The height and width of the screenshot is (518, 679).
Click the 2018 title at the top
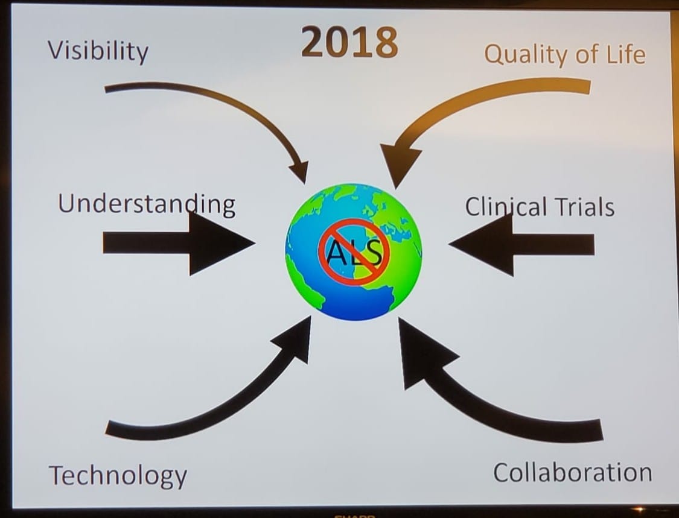[x=349, y=42]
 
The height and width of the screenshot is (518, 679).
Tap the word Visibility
[x=98, y=51]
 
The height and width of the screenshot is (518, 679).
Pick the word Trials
[x=585, y=206]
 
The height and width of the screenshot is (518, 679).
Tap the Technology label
[x=118, y=476]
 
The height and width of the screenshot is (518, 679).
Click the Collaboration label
[x=573, y=472]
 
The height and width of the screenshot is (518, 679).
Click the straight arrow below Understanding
[x=179, y=243]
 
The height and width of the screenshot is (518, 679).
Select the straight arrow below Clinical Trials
[x=521, y=244]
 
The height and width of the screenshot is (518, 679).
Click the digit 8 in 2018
[x=384, y=42]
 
